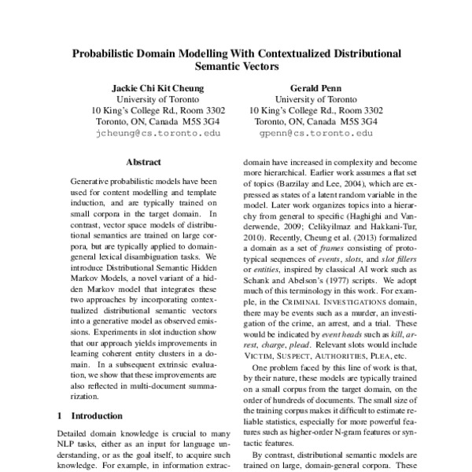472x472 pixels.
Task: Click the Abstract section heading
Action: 143,162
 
